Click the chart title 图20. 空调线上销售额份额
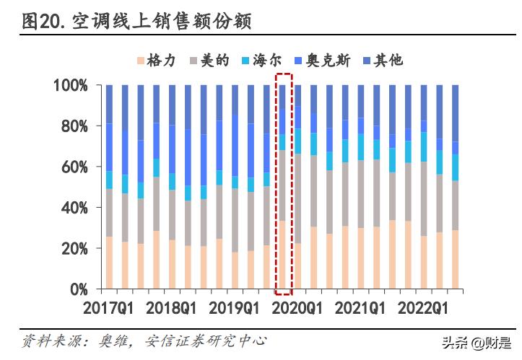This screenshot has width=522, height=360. (137, 22)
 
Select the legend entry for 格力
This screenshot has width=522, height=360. (157, 61)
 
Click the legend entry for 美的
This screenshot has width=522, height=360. (209, 61)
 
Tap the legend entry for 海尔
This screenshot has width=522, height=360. (263, 61)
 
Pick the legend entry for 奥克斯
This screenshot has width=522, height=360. (322, 61)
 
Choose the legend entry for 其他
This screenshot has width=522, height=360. (382, 61)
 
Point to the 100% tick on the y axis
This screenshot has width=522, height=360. (70, 86)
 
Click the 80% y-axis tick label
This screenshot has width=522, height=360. (74, 126)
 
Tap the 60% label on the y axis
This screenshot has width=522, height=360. (74, 167)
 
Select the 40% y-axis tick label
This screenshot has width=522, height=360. (74, 208)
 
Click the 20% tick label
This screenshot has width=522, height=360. (74, 248)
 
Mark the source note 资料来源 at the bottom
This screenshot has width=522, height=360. (144, 340)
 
